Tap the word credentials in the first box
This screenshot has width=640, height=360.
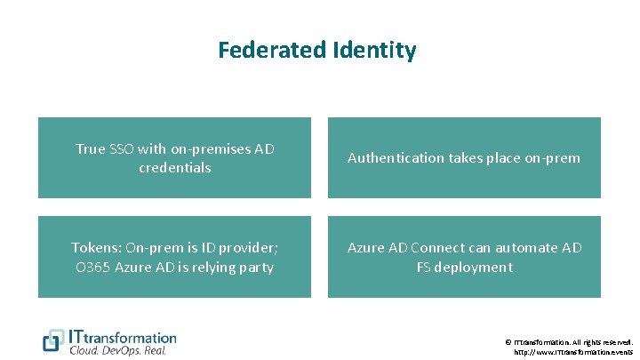[x=174, y=167]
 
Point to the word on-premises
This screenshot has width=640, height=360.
[x=212, y=148]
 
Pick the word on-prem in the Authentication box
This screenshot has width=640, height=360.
[x=552, y=158]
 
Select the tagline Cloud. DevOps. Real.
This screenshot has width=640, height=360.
[x=118, y=350]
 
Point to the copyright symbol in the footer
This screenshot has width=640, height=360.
[x=508, y=341]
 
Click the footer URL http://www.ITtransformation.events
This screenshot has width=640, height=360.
[x=574, y=352]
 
